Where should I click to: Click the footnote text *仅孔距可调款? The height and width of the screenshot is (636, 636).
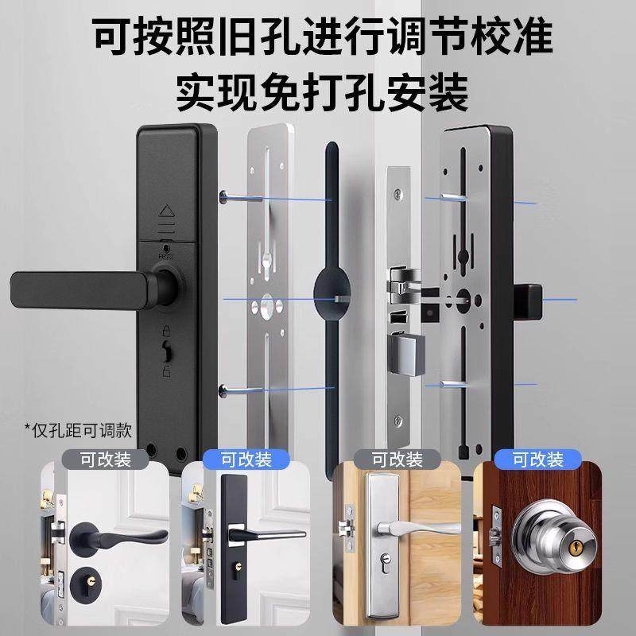pos(76,430)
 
